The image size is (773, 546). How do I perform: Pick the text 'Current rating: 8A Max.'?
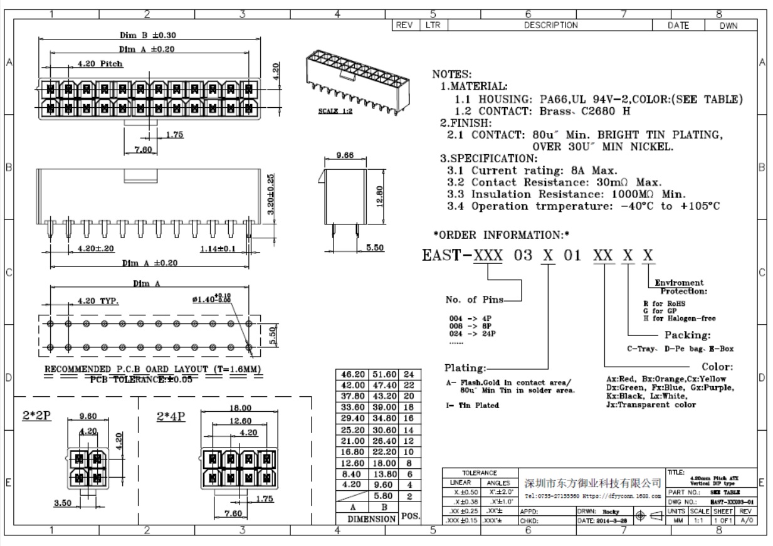pos(544,170)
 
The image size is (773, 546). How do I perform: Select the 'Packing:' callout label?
pos(687,335)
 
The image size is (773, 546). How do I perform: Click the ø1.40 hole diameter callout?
pos(212,299)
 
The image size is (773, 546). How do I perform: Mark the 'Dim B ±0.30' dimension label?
pos(149,35)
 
